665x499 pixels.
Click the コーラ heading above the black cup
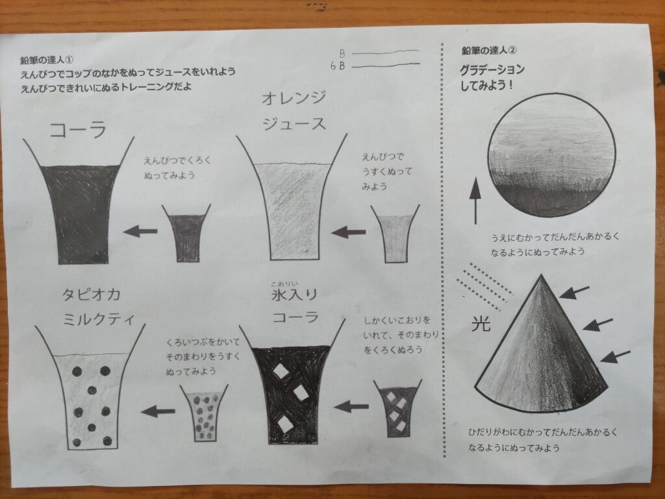point(78,130)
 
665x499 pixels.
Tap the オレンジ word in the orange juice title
point(294,99)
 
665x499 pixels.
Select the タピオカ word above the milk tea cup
point(91,294)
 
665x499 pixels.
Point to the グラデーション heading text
point(492,70)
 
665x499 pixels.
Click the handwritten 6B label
point(338,66)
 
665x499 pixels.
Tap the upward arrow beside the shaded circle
point(475,201)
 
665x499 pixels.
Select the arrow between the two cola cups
point(140,231)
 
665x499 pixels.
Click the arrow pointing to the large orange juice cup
point(348,232)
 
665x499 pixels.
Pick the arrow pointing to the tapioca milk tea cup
point(158,411)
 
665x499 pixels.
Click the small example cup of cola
point(186,233)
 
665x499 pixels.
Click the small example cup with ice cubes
point(398,408)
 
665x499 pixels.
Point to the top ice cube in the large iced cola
point(281,371)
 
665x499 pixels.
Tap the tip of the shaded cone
point(541,275)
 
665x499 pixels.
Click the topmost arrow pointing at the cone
point(574,292)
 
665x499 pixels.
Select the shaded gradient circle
point(552,155)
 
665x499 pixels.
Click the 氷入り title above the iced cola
point(294,294)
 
